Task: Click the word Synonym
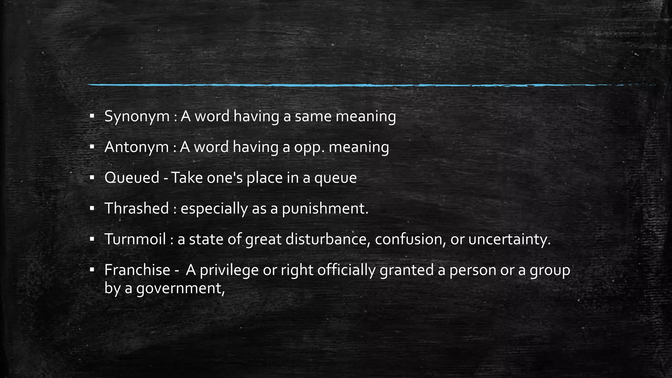(136, 116)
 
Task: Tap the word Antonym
(136, 147)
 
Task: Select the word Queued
(132, 178)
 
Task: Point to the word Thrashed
(136, 208)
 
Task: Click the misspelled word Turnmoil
(135, 239)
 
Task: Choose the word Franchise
(137, 270)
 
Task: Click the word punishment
(325, 209)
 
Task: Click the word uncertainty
(509, 239)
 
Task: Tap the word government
(180, 288)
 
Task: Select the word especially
(214, 209)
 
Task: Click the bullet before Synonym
(92, 116)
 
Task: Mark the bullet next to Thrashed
(92, 208)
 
